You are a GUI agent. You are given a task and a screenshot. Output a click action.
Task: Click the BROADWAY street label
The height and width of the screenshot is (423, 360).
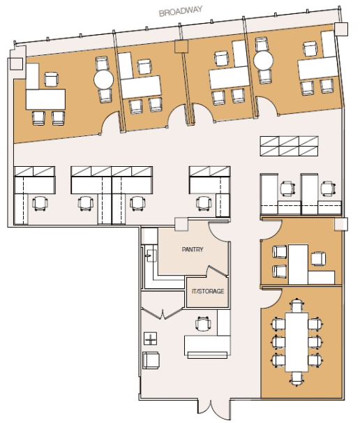181,11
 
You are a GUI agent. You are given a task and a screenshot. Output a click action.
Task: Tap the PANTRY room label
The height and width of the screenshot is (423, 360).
193,249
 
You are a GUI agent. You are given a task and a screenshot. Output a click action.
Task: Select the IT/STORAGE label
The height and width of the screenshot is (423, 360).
208,291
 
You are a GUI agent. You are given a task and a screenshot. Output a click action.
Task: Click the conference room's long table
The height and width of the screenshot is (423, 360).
297,341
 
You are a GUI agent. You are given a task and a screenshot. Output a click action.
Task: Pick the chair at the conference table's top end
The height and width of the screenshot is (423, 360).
297,305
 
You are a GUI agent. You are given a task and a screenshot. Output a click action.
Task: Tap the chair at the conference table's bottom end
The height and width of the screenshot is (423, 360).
297,378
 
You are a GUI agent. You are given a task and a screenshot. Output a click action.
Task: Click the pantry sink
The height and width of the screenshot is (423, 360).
151,255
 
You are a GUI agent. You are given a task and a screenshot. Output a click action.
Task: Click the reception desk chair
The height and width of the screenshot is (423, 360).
203,323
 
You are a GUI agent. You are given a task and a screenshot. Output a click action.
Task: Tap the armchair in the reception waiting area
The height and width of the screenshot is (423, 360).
151,360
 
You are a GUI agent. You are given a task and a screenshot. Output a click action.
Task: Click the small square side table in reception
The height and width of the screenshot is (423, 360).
151,339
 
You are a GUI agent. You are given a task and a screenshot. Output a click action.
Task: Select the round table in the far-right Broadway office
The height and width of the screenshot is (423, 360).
263,60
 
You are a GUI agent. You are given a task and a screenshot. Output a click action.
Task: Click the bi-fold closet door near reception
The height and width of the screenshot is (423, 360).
163,313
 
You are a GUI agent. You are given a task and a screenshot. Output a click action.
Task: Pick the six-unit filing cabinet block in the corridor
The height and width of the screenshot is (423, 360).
289,146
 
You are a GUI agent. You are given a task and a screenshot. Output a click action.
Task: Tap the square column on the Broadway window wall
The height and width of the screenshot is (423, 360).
181,46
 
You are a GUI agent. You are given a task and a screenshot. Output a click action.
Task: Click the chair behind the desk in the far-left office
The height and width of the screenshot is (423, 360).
51,80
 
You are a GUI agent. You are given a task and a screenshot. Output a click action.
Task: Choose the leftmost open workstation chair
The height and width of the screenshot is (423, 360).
40,204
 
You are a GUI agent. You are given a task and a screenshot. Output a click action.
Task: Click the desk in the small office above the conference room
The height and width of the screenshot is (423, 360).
298,264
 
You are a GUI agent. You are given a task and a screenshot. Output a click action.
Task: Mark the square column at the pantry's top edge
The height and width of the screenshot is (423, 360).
181,225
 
